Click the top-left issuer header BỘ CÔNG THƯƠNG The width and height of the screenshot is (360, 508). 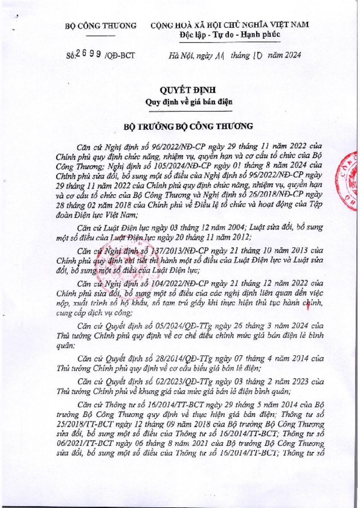101,26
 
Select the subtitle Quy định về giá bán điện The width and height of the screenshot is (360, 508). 189,102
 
